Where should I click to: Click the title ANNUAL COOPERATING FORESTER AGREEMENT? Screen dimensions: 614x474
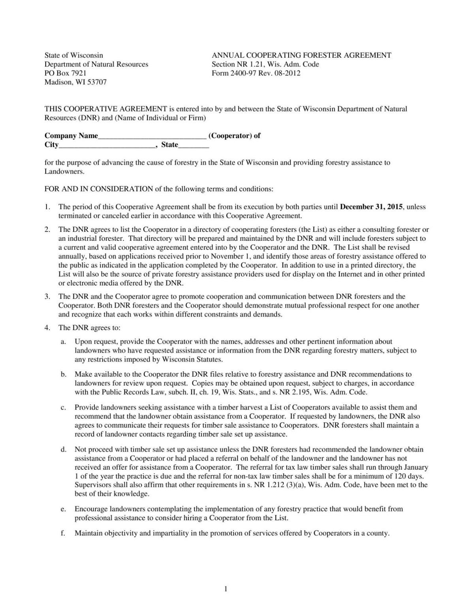coord(301,55)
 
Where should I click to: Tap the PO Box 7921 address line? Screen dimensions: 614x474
coord(65,73)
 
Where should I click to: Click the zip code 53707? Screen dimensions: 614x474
coord(97,82)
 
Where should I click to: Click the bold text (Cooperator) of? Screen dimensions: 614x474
coord(234,136)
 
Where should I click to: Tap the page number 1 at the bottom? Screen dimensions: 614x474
coord(226,589)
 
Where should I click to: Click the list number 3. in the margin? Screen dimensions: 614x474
coord(47,297)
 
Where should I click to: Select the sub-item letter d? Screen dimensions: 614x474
coord(63,450)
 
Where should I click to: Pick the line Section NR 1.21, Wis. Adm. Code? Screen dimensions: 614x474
coord(265,64)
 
